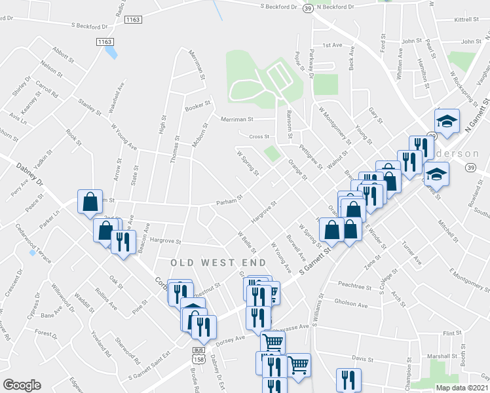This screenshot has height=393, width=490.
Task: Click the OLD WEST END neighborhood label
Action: pyautogui.click(x=218, y=263)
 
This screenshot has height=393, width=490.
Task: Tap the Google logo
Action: pyautogui.click(x=22, y=385)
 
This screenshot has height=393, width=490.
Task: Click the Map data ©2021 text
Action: pyautogui.click(x=462, y=388)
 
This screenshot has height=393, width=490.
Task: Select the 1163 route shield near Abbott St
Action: pyautogui.click(x=105, y=41)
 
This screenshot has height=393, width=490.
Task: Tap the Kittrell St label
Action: pyautogui.click(x=466, y=20)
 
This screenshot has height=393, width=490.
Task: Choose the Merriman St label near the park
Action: pyautogui.click(x=236, y=119)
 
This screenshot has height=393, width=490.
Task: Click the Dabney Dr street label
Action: pyautogui.click(x=30, y=174)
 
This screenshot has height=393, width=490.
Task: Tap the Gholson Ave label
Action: pyautogui.click(x=350, y=304)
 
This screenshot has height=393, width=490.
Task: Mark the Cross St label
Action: pyautogui.click(x=259, y=136)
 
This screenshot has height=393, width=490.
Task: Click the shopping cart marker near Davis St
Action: pyautogui.click(x=299, y=364)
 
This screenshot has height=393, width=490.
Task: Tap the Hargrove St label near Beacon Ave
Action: pyautogui.click(x=165, y=240)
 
